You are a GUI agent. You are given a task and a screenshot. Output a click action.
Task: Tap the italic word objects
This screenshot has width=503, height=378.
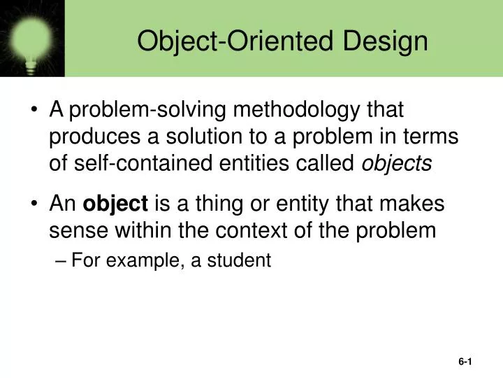click(x=396, y=163)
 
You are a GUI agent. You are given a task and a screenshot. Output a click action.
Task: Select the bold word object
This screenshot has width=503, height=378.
click(x=115, y=204)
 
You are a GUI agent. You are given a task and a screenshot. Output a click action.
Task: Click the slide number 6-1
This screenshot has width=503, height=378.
click(x=466, y=362)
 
